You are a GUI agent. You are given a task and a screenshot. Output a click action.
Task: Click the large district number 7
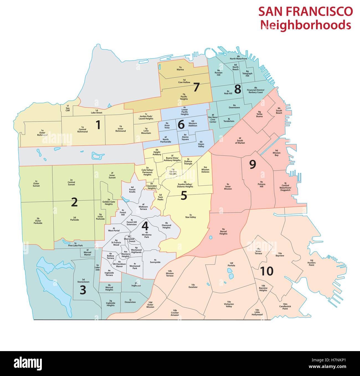(x=196, y=87)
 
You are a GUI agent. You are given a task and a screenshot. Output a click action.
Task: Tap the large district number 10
(x=267, y=271)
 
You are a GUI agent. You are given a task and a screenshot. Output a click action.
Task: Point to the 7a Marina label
(x=180, y=68)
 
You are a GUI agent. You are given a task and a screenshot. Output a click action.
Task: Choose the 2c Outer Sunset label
(x=36, y=185)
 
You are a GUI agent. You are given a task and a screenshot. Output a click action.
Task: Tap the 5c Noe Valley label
(x=191, y=216)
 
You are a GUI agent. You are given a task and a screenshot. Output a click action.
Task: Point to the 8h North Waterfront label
(x=238, y=58)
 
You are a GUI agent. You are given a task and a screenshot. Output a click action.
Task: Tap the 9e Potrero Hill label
(x=261, y=184)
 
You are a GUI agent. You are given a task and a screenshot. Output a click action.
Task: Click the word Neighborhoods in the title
(x=306, y=25)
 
